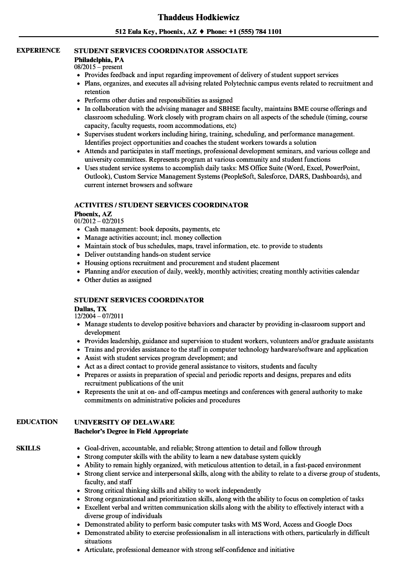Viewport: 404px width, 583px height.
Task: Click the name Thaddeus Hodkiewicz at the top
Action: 199,17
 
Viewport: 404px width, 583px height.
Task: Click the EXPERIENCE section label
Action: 38,50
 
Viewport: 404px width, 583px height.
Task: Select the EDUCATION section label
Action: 37,422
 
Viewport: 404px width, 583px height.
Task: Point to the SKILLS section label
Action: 28,448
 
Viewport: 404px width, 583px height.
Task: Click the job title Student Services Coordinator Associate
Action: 161,51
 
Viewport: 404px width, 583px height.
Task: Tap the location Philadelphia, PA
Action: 99,60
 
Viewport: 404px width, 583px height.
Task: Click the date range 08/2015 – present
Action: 98,67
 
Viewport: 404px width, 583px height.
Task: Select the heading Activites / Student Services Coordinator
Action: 161,205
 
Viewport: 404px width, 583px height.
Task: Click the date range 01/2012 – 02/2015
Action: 99,221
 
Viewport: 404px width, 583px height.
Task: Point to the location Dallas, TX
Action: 90,309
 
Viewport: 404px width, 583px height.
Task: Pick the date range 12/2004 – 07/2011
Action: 99,316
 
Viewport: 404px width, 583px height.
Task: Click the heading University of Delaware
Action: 124,422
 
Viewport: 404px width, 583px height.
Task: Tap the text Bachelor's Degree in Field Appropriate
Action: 131,431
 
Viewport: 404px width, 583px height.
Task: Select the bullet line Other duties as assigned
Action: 118,280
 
